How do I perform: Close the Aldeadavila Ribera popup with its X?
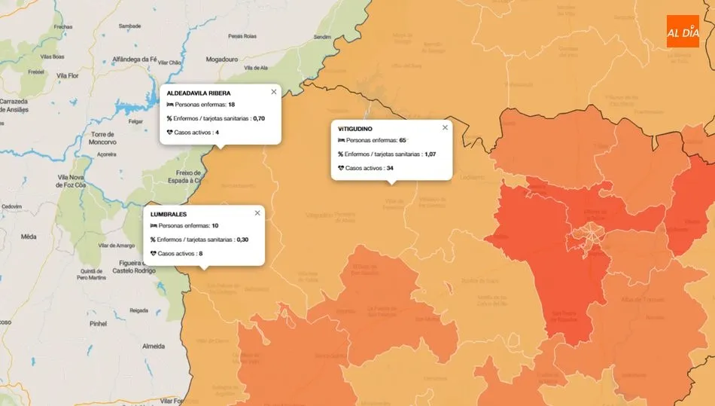[x=274, y=92]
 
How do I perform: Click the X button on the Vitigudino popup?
[x=445, y=127]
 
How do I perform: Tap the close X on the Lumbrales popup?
[x=257, y=213]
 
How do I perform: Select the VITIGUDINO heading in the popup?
[x=355, y=129]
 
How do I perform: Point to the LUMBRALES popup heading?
[x=168, y=215]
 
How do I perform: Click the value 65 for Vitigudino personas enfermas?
[x=403, y=140]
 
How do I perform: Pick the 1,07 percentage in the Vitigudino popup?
[x=430, y=154]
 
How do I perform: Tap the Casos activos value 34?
[x=390, y=168]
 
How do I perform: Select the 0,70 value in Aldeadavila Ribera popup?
[x=259, y=118]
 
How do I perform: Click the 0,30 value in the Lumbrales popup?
[x=242, y=240]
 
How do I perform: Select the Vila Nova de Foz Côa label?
[x=73, y=181]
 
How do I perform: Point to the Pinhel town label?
[x=98, y=323]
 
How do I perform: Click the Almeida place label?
[x=153, y=346]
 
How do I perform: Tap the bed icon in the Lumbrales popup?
[x=154, y=226]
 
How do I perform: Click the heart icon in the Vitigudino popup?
[x=341, y=168]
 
